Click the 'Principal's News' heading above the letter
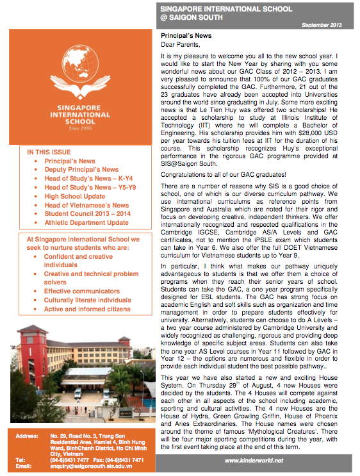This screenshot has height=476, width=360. click(186, 37)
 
